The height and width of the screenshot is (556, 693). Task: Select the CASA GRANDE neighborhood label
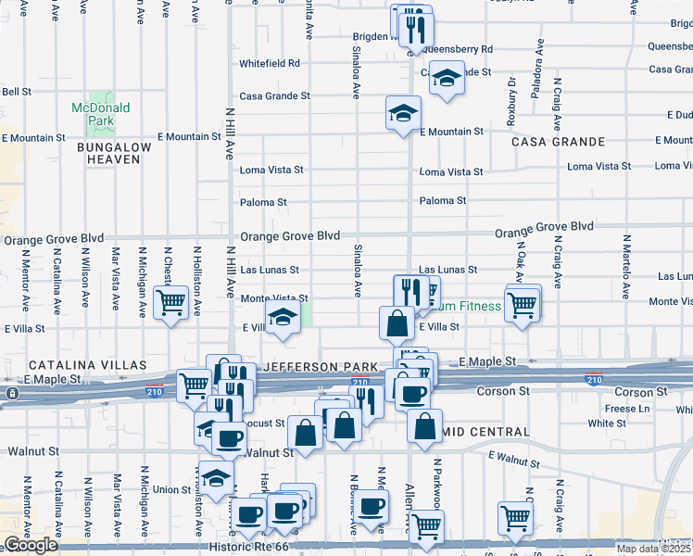558,143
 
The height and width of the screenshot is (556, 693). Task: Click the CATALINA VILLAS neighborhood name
87,366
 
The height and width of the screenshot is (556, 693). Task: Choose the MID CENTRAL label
488,433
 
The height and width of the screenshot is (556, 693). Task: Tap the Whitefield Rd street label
270,64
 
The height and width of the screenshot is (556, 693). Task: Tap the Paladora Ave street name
535,89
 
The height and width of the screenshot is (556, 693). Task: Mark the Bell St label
17,92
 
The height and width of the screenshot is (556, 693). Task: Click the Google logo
31,545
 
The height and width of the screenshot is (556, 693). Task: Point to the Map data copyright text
654,549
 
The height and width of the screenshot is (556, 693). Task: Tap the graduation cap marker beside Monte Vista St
283,319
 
